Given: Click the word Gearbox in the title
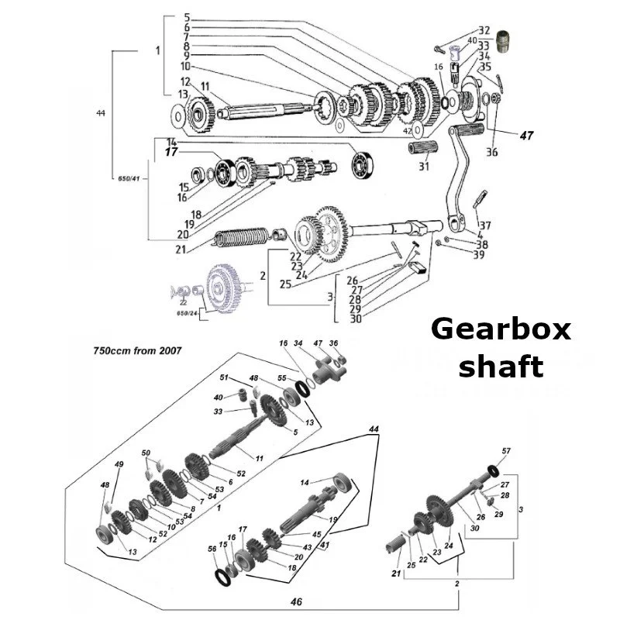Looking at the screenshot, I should (501, 329).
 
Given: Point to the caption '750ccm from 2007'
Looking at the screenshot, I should (138, 350).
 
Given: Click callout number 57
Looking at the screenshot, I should (507, 450).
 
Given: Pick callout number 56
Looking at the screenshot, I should (212, 548).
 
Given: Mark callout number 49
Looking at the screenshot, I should (119, 464).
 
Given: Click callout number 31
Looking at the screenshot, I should (423, 166).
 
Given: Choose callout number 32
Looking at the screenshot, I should (484, 30).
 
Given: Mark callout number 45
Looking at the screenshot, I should (315, 534).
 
